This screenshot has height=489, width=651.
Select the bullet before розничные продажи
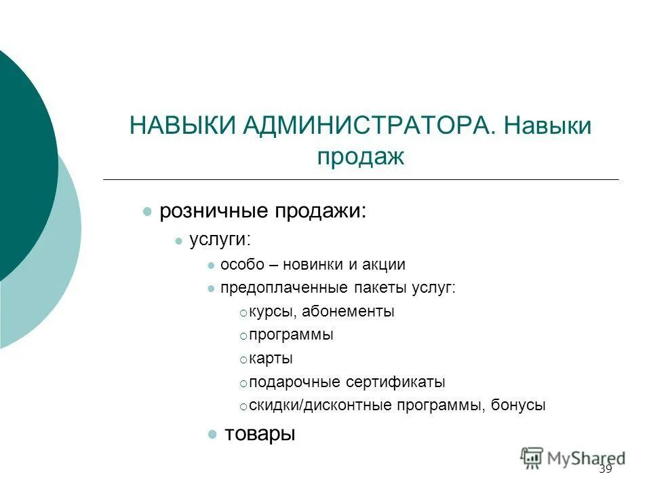tap(146, 212)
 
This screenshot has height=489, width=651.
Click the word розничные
tap(213, 211)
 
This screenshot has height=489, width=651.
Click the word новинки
tap(313, 265)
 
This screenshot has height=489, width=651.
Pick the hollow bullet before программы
tap(243, 336)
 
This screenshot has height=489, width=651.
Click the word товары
tap(260, 433)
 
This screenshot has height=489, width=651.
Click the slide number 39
tap(606, 470)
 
